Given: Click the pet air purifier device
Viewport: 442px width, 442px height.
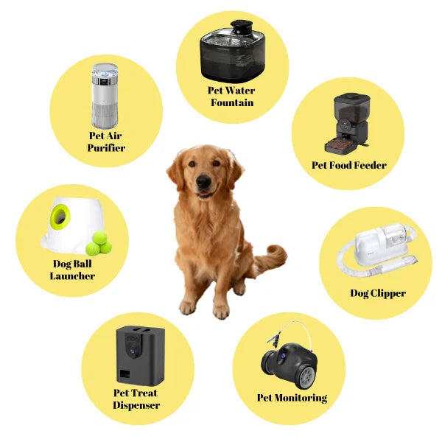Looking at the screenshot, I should tap(105, 95).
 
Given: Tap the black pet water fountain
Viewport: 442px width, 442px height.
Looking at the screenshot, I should tap(232, 55).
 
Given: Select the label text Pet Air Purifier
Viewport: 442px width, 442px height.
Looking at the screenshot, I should tap(106, 141).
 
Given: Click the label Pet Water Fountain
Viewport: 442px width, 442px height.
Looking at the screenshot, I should tap(232, 97).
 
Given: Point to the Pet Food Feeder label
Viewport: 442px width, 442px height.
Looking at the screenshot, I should tap(348, 165).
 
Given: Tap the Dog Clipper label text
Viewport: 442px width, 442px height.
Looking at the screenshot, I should tap(377, 293).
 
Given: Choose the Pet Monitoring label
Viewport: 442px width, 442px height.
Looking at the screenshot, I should tap(292, 398).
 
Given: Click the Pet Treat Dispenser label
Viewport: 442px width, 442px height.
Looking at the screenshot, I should tap(136, 399).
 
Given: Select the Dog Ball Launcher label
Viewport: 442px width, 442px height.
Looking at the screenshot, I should tap(71, 270).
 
